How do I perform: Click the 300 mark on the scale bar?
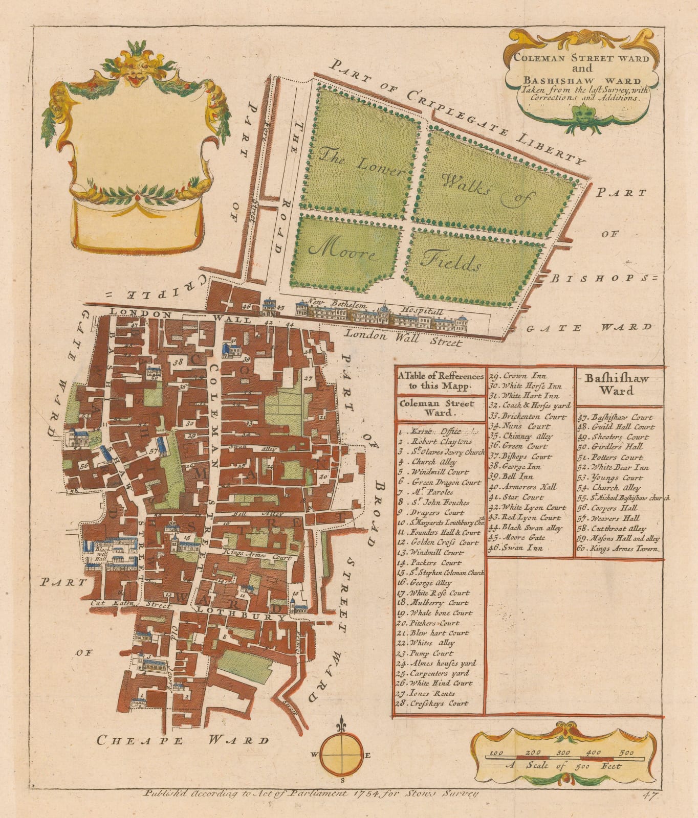[x=563, y=753]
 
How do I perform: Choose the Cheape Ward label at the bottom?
[x=182, y=740]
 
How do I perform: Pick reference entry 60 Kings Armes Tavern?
[x=620, y=549]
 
